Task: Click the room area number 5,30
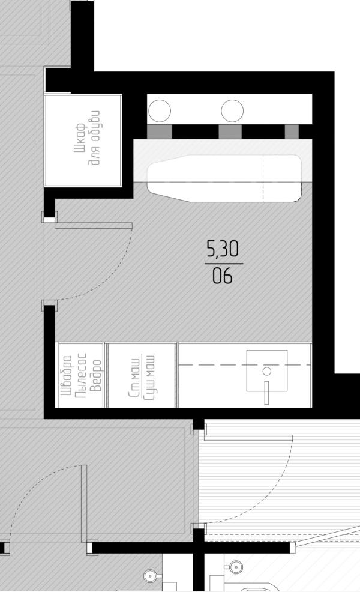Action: coord(222,249)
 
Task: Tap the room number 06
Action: coord(222,276)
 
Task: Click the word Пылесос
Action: coord(81,375)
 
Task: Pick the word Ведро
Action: coord(96,376)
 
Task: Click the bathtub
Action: coord(224,178)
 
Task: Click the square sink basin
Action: coord(267,370)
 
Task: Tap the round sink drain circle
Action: coord(267,371)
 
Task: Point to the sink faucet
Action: coord(266,393)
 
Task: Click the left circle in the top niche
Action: coord(160,111)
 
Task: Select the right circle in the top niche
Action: coord(232,111)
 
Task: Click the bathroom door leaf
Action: coord(94,225)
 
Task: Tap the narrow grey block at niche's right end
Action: coord(292,131)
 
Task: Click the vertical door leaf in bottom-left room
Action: coord(84,504)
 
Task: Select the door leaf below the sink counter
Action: coord(248,438)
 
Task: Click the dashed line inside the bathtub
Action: coord(263,178)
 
